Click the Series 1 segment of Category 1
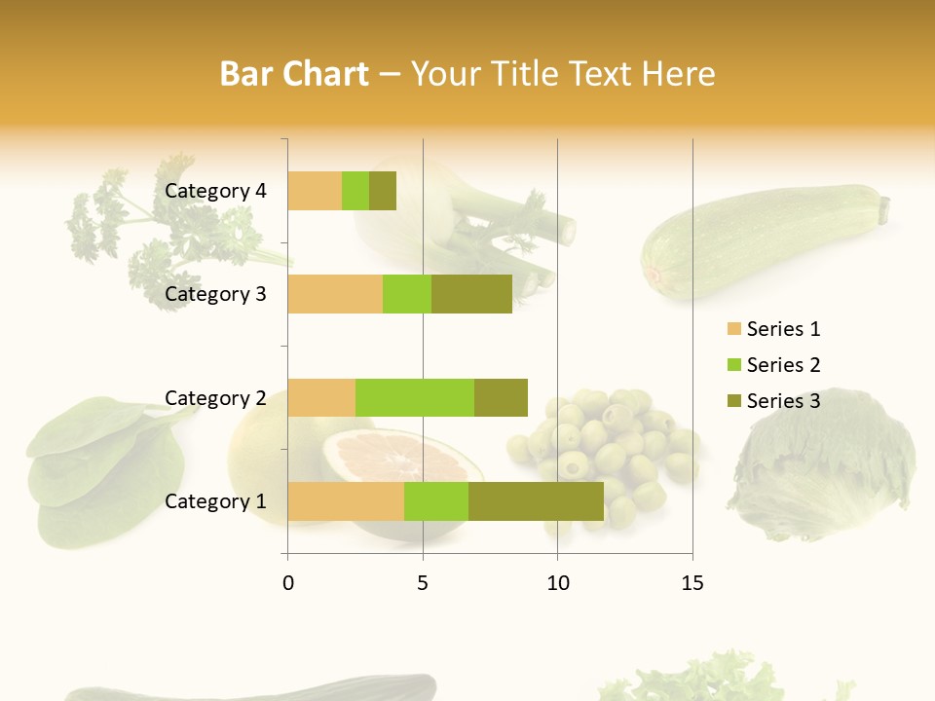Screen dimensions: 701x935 (346, 500)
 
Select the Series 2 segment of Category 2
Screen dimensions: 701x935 (415, 397)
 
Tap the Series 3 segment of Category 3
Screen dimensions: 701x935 (471, 294)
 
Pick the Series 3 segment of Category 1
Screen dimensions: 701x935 (536, 500)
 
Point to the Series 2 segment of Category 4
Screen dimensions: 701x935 (355, 191)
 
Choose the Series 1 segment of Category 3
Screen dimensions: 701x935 (335, 294)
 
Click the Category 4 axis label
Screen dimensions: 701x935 (215, 191)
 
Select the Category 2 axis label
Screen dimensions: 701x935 (215, 397)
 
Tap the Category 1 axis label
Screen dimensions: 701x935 (215, 501)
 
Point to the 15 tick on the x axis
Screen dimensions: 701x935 (692, 583)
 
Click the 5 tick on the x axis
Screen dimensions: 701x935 (423, 583)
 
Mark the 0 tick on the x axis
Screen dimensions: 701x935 (288, 583)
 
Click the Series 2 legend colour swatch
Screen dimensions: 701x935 (733, 365)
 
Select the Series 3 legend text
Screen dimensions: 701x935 (783, 401)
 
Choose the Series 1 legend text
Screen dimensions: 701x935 (783, 329)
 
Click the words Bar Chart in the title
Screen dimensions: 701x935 (294, 74)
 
